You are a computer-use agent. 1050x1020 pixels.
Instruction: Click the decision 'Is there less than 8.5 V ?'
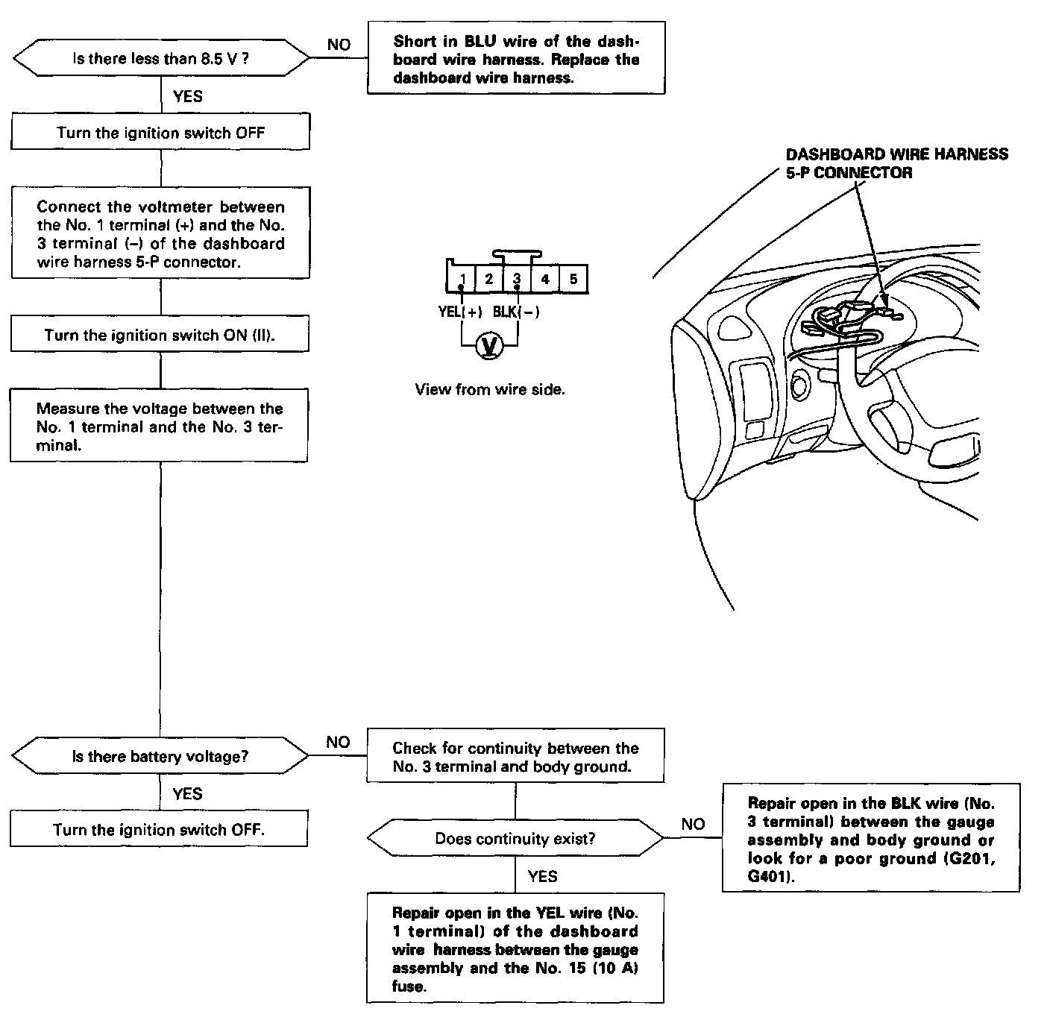coord(160,59)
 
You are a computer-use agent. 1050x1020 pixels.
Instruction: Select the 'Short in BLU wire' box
coord(516,59)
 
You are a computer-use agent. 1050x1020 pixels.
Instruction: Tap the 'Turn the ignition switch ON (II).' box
coord(160,335)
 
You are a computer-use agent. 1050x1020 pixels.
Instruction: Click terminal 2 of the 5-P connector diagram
coord(489,279)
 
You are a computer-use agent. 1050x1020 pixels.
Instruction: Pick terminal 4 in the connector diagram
coord(545,279)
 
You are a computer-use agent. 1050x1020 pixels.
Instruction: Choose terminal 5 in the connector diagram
coord(573,279)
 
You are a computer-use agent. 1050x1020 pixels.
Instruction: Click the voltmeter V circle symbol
coord(489,345)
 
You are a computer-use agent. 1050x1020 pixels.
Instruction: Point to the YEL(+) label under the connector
coord(460,312)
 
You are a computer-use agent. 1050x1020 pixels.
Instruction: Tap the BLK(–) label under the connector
coord(516,312)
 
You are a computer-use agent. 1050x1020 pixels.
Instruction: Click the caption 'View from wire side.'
coord(490,389)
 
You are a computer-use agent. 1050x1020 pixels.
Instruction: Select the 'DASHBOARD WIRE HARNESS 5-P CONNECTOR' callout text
coord(896,163)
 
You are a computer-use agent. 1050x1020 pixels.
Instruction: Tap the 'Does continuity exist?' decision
coord(515,839)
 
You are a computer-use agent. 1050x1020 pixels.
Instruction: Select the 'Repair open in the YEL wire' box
coord(515,949)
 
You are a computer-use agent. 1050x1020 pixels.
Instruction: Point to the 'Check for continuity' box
coord(515,757)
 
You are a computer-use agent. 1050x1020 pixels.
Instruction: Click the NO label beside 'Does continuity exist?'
coord(693,824)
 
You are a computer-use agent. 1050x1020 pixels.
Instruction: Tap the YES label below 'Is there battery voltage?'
coord(187,793)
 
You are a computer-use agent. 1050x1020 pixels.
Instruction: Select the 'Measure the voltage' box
coord(160,426)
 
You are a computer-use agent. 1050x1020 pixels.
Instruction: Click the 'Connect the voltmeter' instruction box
coord(160,234)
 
